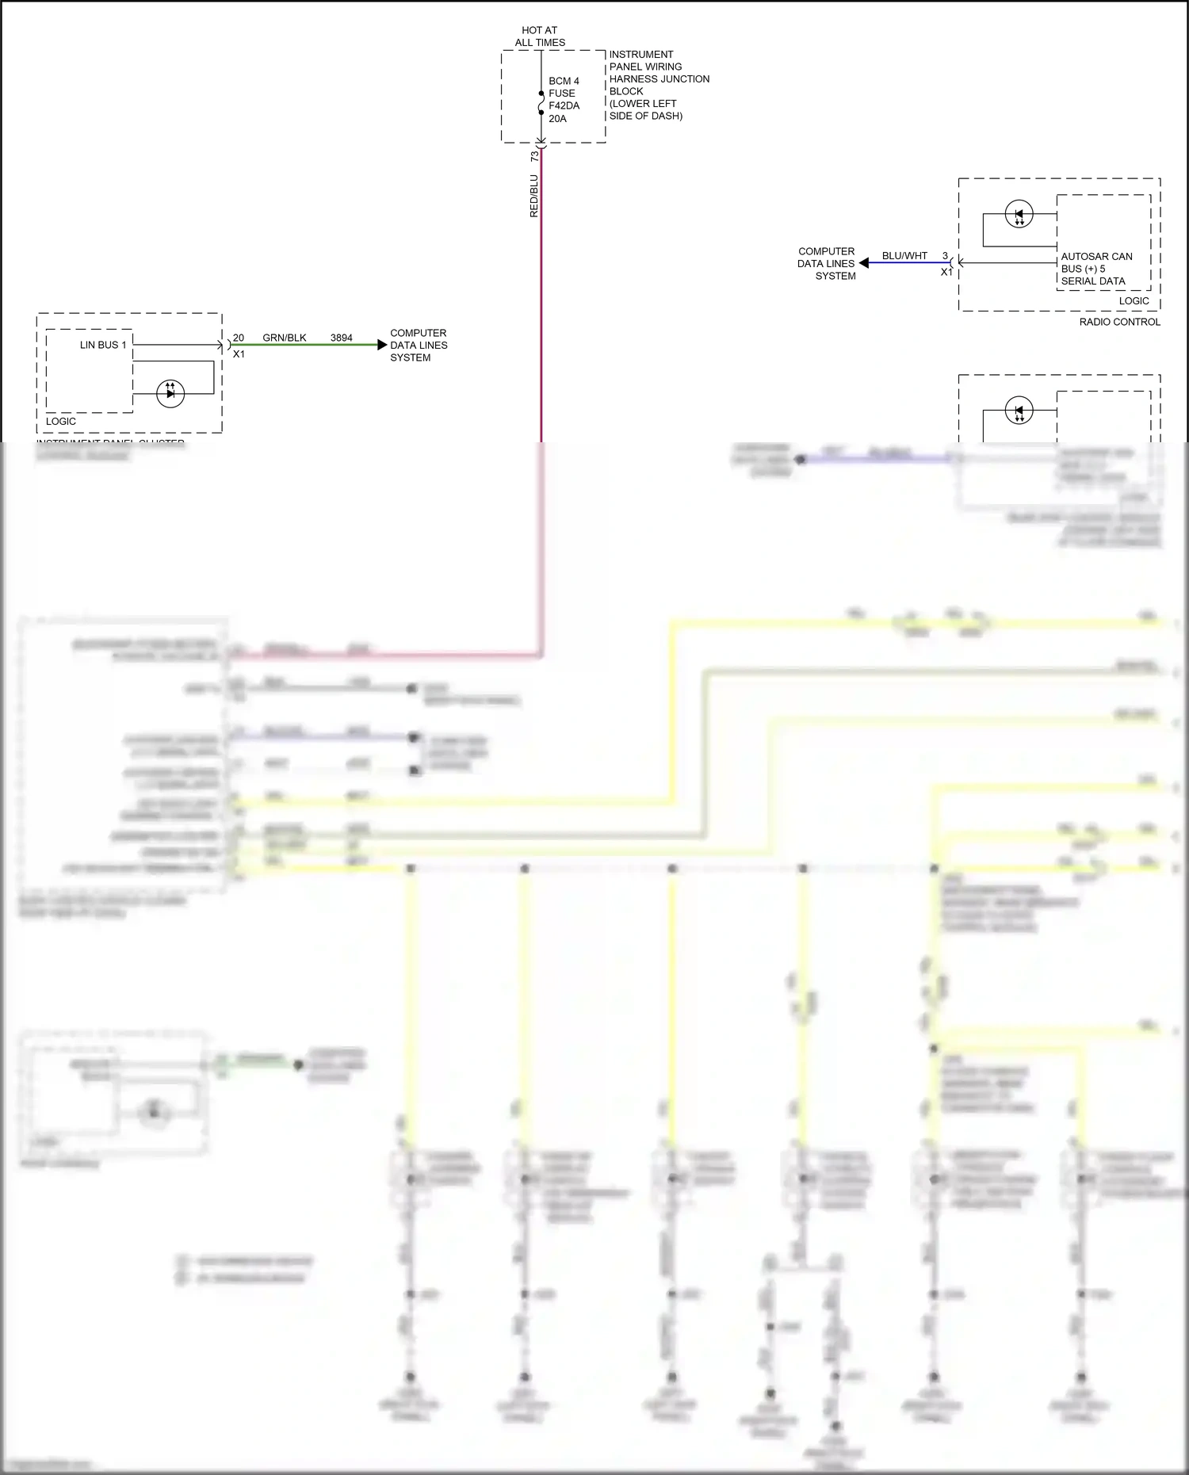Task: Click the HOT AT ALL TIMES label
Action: click(x=539, y=36)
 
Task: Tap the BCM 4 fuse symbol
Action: click(x=541, y=103)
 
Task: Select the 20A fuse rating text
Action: click(x=557, y=119)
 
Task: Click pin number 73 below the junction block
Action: click(x=534, y=157)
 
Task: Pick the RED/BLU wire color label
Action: click(x=533, y=196)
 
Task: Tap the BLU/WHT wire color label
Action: click(x=904, y=256)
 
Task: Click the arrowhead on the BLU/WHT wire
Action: click(x=864, y=263)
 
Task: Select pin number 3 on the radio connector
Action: click(x=945, y=256)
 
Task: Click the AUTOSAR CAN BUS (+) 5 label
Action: click(x=1096, y=262)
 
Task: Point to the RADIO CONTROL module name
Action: click(x=1119, y=322)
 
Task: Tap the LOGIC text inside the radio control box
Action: click(x=1134, y=301)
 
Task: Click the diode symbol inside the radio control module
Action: click(x=1019, y=214)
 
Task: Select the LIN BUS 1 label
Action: click(x=103, y=345)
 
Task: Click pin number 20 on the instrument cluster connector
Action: click(x=239, y=338)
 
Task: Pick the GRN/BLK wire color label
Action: click(x=285, y=338)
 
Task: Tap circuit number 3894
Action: click(x=342, y=338)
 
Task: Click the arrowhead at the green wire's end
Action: click(x=382, y=345)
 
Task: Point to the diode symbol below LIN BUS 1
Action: click(x=170, y=393)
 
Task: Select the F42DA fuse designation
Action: click(x=564, y=105)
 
